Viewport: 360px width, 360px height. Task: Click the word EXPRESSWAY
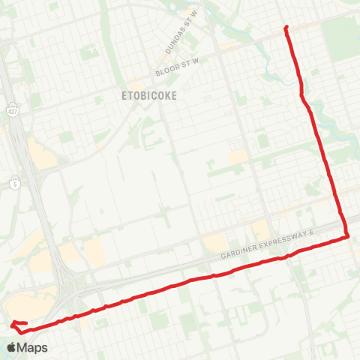(x=289, y=243)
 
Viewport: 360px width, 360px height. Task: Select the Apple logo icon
(x=12, y=347)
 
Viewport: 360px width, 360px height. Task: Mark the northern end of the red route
(x=286, y=28)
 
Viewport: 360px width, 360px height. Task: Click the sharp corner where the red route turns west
(x=348, y=237)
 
